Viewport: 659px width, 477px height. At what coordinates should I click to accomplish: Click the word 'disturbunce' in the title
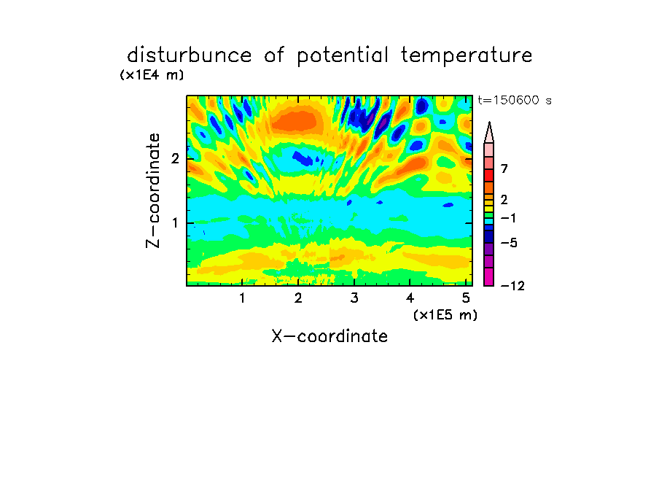coord(190,55)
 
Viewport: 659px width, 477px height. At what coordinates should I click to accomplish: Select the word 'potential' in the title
coord(343,56)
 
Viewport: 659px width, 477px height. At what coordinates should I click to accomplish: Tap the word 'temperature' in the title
coord(467,56)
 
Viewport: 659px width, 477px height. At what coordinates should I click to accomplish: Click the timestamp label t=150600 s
coord(515,100)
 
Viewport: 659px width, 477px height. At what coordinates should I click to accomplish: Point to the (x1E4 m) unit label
coord(152,75)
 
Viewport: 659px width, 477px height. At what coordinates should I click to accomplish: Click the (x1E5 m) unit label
coord(445,315)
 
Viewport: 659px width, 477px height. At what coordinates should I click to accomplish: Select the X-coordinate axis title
coord(329,336)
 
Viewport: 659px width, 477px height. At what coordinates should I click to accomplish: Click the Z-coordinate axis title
coord(152,190)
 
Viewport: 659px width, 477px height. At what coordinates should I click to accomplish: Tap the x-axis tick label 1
coord(242,298)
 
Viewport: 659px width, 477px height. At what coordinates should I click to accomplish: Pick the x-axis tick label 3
coord(354,298)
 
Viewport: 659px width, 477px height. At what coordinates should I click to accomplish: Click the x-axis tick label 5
coord(466,298)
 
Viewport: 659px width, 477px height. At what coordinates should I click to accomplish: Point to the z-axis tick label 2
coord(175,159)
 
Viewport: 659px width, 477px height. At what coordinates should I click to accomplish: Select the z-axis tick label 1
coord(175,223)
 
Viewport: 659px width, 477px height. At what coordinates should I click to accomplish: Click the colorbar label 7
coord(504,168)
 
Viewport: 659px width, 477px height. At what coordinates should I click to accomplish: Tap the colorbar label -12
coord(512,286)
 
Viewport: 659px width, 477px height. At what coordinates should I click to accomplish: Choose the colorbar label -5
coord(509,243)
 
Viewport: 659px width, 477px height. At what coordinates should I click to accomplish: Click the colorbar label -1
coord(508,218)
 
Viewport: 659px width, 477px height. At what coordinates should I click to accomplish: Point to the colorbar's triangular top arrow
coord(489,133)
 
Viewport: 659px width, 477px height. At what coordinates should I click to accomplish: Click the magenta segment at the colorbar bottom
coord(489,276)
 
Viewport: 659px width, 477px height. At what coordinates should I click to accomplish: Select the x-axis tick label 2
coord(298,298)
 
